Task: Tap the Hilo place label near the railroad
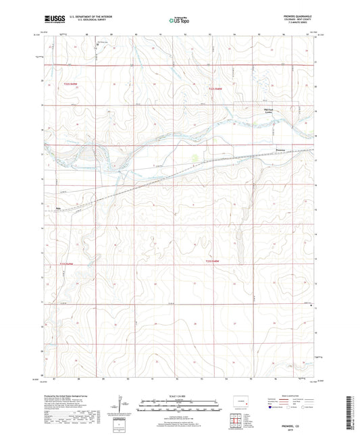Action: point(58,208)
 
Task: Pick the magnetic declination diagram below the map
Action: point(120,408)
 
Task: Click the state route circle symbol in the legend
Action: point(308,409)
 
